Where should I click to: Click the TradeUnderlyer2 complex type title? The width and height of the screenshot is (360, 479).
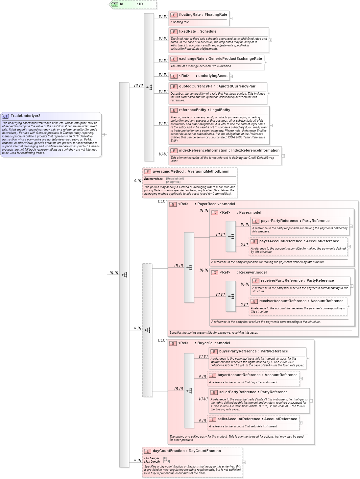tap(25, 116)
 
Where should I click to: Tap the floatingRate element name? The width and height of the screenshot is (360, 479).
tap(190, 15)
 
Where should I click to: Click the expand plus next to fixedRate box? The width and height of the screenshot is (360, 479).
tap(271, 40)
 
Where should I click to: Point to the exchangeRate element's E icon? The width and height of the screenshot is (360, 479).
tap(174, 59)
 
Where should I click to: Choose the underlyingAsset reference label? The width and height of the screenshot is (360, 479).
tap(213, 76)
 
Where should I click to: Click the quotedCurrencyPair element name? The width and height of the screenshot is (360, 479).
tap(197, 86)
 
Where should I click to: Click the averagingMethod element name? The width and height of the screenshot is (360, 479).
tap(168, 172)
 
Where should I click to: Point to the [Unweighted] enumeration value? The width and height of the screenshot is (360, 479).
tap(175, 179)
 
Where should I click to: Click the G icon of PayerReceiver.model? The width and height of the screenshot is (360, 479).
tap(173, 204)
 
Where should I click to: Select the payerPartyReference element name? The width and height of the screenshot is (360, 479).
tap(279, 221)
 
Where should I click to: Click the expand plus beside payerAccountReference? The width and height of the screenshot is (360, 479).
tap(349, 247)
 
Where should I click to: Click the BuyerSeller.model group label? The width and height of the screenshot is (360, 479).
tap(213, 343)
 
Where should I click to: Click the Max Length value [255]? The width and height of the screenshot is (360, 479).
tap(166, 462)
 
